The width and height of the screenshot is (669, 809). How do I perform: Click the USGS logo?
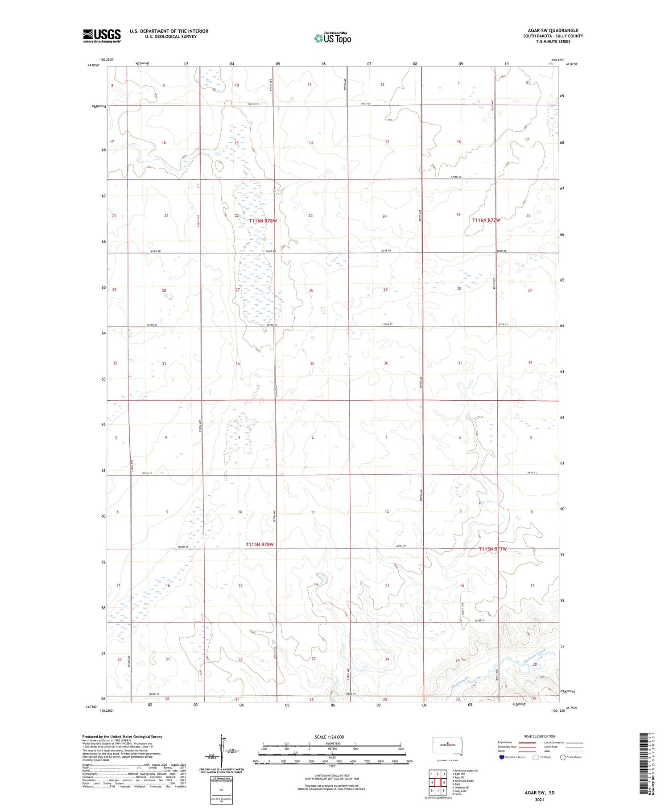102,36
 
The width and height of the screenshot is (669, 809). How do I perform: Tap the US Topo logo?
332,38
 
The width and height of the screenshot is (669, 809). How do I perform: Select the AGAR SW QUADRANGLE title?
553,31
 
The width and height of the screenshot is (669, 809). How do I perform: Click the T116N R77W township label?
486,220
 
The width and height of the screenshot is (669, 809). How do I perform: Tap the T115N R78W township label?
260,544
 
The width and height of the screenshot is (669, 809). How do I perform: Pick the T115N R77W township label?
493,549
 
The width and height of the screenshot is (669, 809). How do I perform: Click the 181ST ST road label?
479,620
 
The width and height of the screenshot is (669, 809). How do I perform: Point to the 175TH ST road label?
455,177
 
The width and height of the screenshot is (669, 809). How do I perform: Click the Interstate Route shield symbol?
501,757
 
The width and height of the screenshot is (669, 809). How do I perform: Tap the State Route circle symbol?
563,757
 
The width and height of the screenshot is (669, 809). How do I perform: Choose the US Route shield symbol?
536,757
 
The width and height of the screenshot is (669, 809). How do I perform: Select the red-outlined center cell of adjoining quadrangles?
438,782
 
